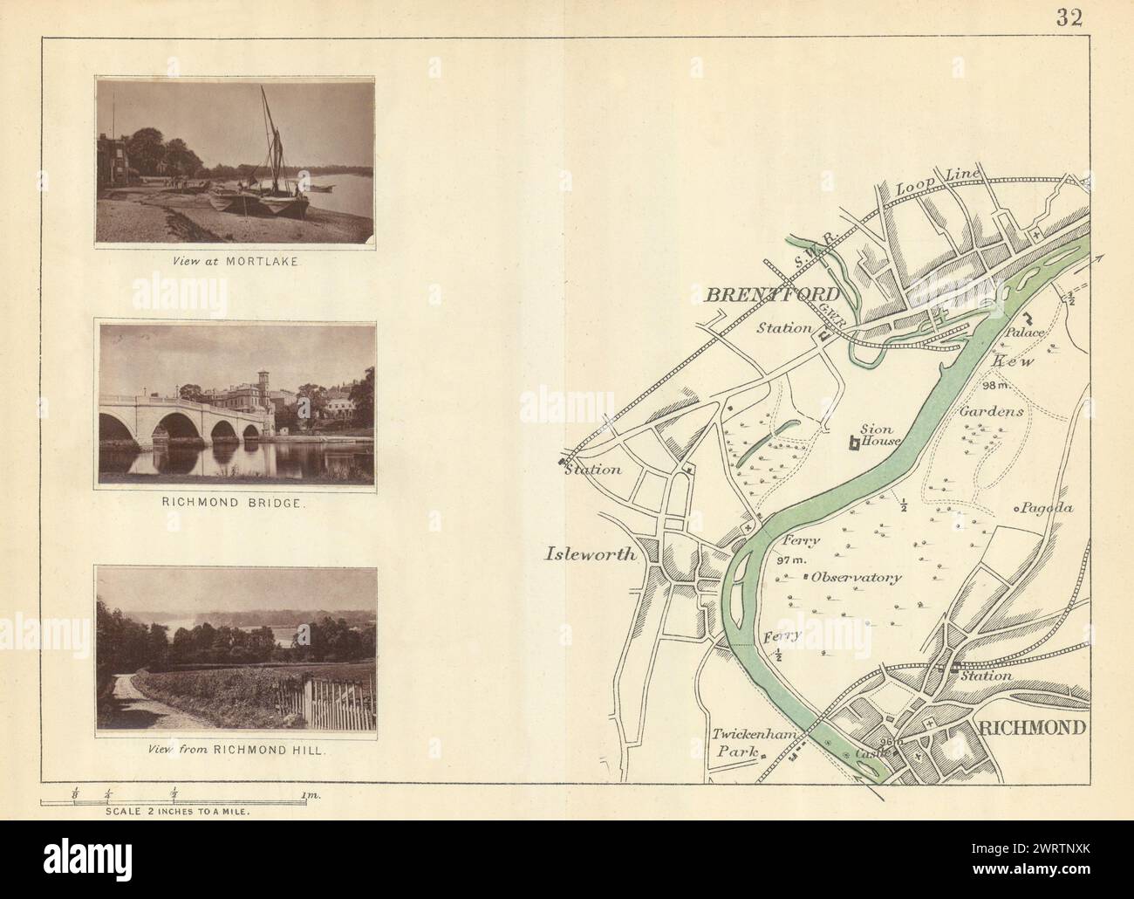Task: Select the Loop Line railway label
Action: click(939, 184)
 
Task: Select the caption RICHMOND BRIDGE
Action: click(236, 504)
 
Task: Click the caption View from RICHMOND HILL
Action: click(236, 750)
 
